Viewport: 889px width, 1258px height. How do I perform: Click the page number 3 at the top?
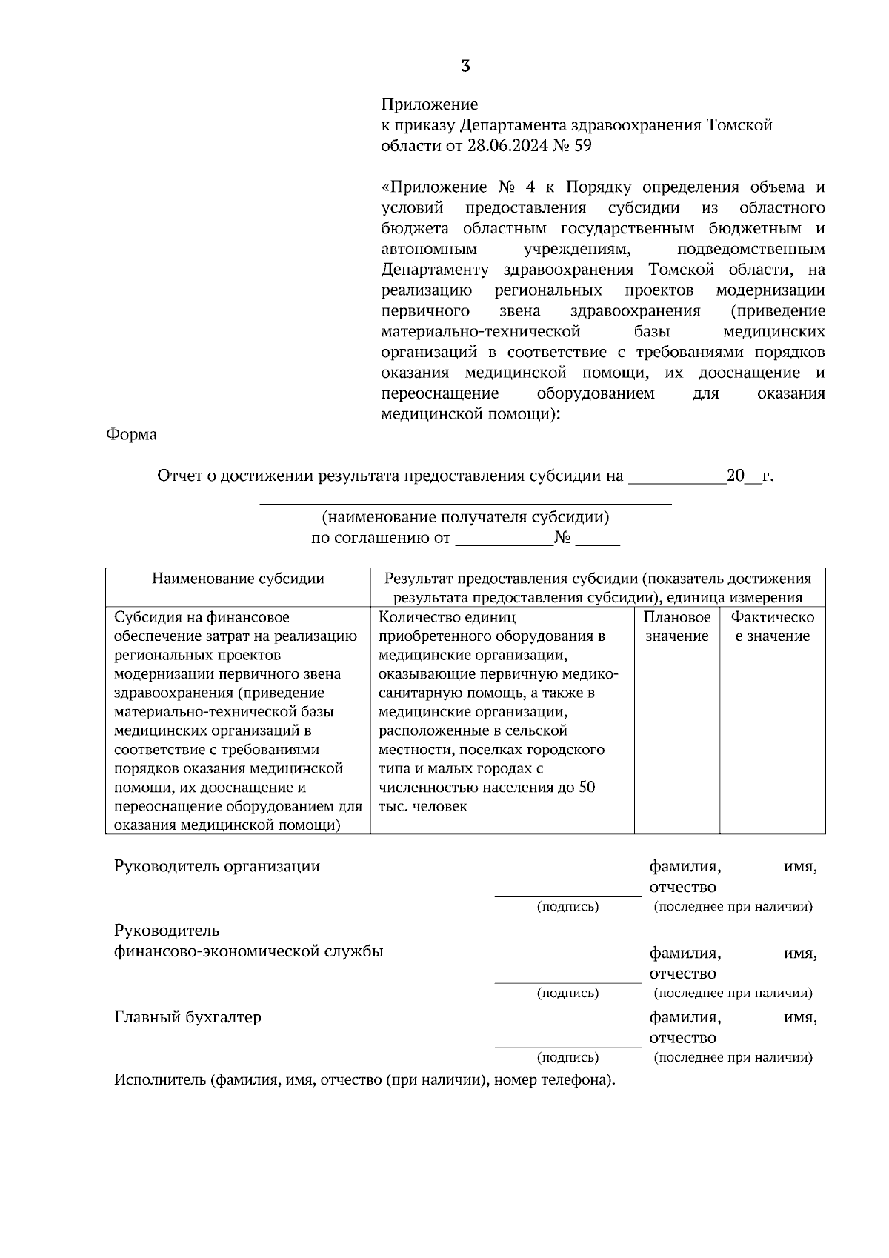point(465,67)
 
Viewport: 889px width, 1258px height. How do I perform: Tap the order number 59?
point(582,146)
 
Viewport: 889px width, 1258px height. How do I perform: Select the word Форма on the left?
point(132,435)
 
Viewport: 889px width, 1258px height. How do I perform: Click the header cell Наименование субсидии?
point(238,579)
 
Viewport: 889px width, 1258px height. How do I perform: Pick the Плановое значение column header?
point(676,626)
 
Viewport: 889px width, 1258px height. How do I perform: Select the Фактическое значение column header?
point(772,626)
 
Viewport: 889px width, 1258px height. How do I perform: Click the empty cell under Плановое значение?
point(676,739)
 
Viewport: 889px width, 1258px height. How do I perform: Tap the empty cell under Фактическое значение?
point(772,739)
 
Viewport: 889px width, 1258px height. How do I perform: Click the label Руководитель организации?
point(217,866)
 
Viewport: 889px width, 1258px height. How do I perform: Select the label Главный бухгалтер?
point(187,1017)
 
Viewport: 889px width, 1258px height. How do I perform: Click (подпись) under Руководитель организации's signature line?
point(567,907)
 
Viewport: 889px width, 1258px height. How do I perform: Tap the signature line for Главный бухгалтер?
point(567,1046)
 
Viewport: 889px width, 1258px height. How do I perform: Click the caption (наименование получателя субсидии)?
point(465,517)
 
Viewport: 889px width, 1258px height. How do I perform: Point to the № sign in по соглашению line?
point(562,539)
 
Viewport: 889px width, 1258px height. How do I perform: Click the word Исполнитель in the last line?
point(159,1079)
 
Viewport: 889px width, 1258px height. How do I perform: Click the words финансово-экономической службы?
point(249,952)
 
